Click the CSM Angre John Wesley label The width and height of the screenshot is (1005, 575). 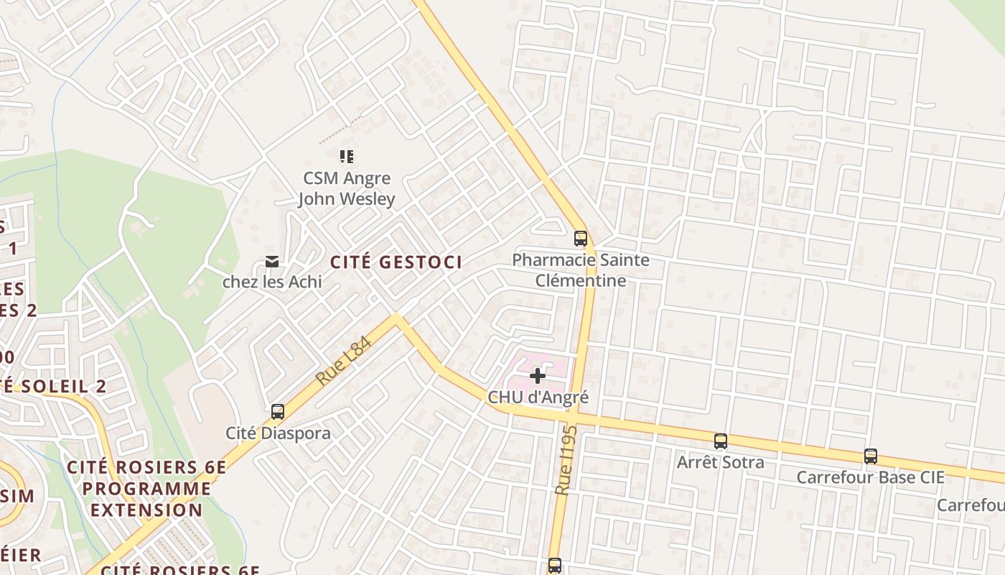[x=347, y=188]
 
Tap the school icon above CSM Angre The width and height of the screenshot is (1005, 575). [x=347, y=156]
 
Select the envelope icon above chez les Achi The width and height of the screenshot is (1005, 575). [x=272, y=261]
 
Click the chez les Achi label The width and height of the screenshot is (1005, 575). [x=272, y=282]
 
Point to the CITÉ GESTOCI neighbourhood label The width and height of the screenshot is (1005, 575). [x=396, y=262]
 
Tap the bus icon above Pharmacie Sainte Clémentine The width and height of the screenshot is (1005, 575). [x=580, y=239]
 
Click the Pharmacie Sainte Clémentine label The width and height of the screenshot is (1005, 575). [x=581, y=270]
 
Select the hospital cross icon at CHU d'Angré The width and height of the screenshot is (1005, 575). [x=537, y=375]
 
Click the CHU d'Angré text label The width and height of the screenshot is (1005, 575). [x=538, y=397]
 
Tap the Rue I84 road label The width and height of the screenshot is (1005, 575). [x=345, y=361]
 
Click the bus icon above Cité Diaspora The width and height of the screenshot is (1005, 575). [x=278, y=412]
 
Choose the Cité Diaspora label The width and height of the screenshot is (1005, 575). [x=278, y=433]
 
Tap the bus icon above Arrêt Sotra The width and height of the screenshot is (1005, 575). [x=720, y=441]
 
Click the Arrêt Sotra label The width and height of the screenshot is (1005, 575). [x=720, y=462]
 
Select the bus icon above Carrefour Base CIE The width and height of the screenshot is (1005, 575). [x=870, y=456]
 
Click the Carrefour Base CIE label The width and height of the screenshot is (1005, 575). [x=870, y=477]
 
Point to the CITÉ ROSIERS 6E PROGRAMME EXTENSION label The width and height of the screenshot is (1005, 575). [x=146, y=489]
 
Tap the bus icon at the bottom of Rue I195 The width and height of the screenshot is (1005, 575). [x=554, y=566]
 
